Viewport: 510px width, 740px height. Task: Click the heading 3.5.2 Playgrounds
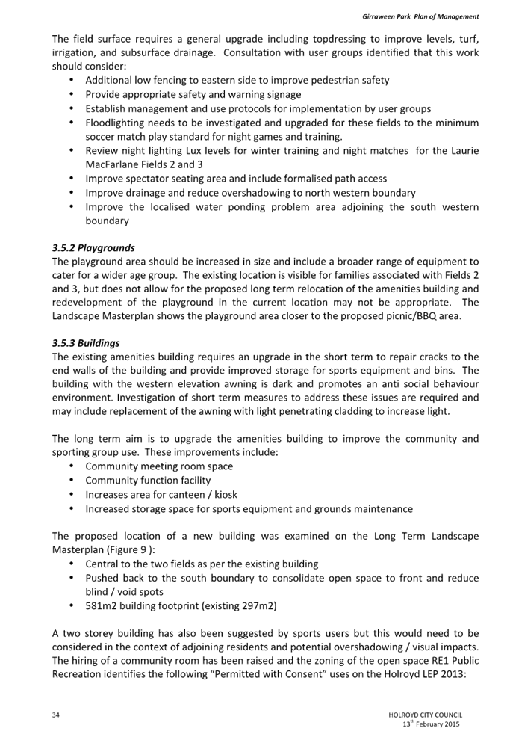[93, 247]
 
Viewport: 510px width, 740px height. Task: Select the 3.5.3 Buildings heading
[86, 342]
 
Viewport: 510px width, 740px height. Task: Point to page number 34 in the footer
[56, 715]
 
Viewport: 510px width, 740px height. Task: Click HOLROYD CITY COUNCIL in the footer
[424, 715]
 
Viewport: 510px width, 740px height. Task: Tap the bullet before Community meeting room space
[71, 466]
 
